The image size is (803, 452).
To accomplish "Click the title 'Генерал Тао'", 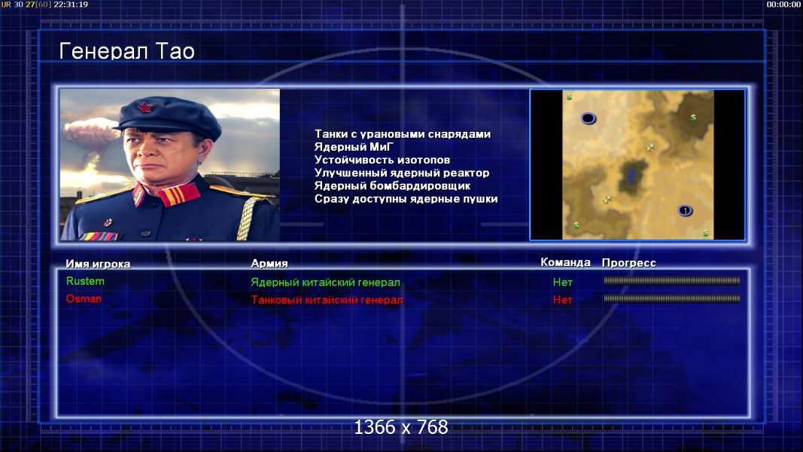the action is (x=126, y=51).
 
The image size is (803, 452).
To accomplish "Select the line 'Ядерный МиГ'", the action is (x=354, y=147).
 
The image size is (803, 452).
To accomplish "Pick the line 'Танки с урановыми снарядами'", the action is (x=403, y=134).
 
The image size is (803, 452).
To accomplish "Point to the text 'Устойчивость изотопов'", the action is (x=382, y=160).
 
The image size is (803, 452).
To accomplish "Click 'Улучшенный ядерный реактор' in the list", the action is (x=402, y=173).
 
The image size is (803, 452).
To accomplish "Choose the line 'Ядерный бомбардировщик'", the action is (x=392, y=185).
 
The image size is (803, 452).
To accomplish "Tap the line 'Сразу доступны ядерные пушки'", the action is (x=406, y=199).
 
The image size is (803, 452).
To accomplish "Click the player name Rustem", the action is (x=85, y=281).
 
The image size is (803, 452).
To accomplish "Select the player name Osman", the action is (x=84, y=299).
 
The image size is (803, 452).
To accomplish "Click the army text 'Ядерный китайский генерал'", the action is (x=325, y=282).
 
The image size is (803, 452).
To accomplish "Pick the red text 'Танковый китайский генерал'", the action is (x=327, y=300).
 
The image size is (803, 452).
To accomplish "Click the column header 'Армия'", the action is (x=269, y=264).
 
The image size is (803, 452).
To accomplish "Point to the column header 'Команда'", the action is (x=565, y=262).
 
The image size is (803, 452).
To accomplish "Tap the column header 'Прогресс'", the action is (x=629, y=263).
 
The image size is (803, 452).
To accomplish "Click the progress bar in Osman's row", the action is (x=671, y=298).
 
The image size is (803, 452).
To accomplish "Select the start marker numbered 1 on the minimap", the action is (x=685, y=211).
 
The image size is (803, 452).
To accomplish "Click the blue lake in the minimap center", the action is (x=631, y=177).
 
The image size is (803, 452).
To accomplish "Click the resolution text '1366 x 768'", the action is (x=401, y=427).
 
